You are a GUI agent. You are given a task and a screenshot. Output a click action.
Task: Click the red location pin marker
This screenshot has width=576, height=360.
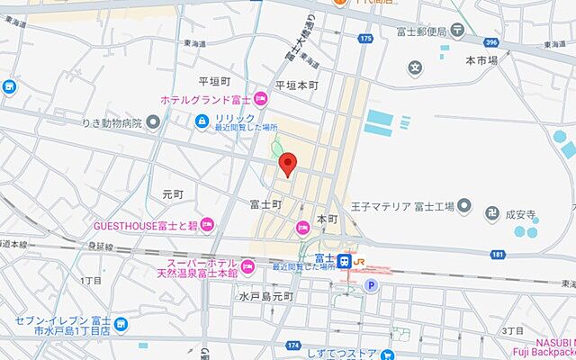(288, 165)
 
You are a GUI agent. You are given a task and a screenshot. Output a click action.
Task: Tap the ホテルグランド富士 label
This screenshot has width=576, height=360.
(206, 99)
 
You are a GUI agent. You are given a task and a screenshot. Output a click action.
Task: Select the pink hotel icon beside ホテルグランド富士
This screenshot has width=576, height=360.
(261, 98)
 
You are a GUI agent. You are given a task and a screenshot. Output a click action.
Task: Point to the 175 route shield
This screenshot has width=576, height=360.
(364, 40)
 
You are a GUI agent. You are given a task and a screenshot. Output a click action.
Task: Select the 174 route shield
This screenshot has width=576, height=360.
(293, 345)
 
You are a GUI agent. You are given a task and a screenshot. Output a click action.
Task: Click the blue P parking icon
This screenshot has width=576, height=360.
(371, 286)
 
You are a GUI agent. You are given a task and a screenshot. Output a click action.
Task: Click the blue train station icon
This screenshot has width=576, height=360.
(345, 261)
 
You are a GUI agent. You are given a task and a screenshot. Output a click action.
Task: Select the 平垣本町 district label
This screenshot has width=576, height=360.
(297, 85)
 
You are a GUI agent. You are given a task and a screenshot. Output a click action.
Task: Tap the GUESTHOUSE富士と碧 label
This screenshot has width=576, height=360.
(146, 224)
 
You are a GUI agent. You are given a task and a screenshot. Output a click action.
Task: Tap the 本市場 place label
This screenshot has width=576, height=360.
(481, 60)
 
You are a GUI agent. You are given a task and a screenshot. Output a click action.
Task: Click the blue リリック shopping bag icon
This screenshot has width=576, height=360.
(203, 119)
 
